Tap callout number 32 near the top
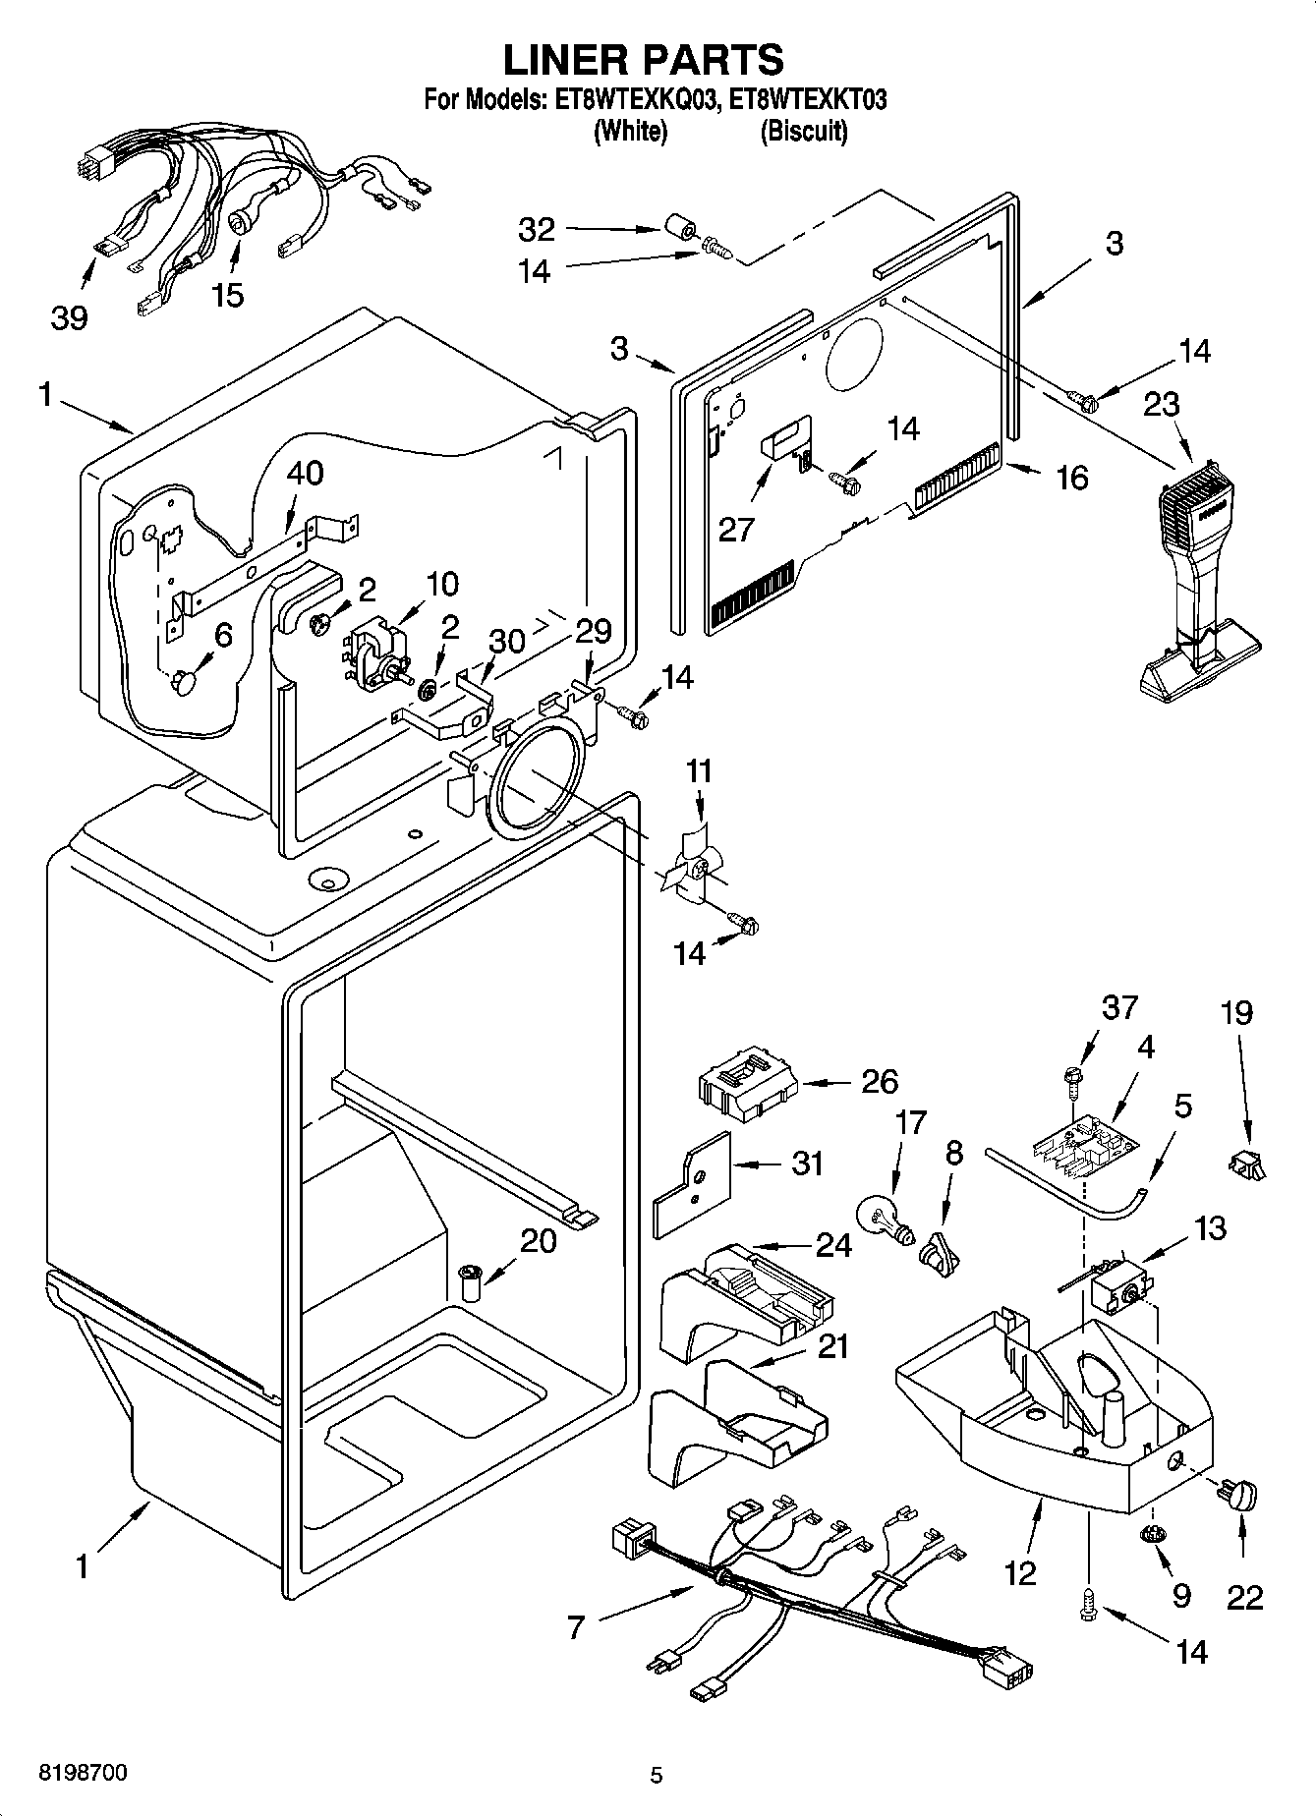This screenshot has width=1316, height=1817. (x=537, y=230)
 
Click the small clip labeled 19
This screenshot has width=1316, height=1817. (x=1245, y=1165)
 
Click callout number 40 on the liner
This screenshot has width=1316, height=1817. (x=305, y=473)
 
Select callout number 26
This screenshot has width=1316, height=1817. (x=880, y=1082)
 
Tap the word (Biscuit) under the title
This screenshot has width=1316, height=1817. (x=803, y=131)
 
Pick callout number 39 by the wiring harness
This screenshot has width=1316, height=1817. (x=69, y=317)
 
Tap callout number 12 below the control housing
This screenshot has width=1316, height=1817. (x=1021, y=1573)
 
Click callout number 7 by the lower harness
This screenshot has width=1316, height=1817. (x=576, y=1628)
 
